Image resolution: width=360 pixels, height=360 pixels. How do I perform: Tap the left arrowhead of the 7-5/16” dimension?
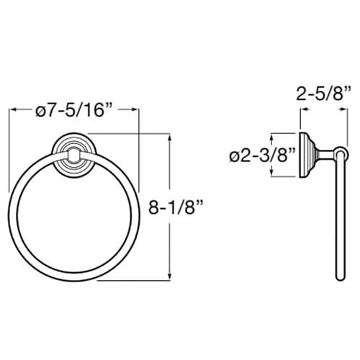pos(11,110)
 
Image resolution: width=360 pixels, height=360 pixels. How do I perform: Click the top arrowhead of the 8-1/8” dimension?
pos(171,136)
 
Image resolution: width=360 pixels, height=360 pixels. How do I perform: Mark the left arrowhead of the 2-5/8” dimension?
pos(302,110)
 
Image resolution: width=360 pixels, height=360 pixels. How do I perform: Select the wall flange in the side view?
pos(305,153)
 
